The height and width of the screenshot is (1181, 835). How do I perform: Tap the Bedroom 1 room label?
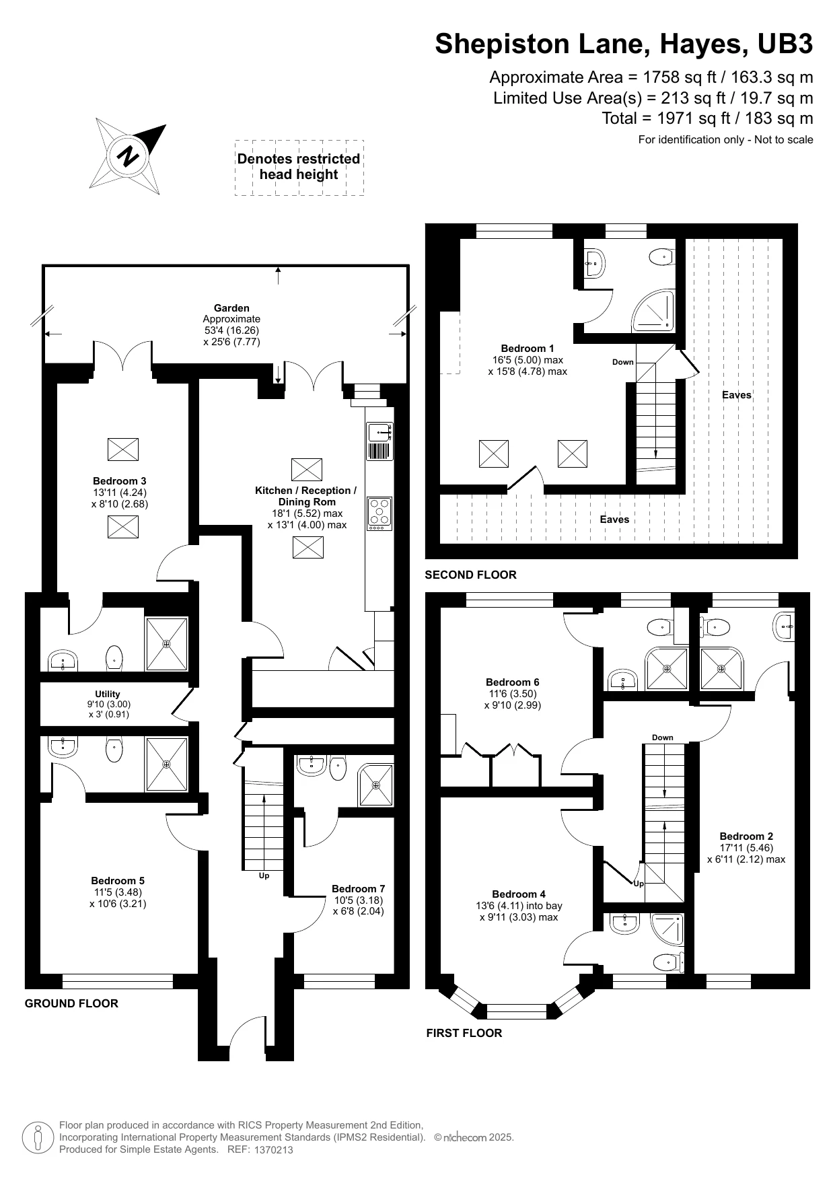[x=528, y=349]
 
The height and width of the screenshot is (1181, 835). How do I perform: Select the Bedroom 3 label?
[x=119, y=481]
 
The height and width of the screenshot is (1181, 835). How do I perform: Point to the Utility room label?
[x=108, y=694]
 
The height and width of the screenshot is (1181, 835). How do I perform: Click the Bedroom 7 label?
[x=359, y=889]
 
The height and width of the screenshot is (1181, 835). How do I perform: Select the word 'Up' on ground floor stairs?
[x=264, y=876]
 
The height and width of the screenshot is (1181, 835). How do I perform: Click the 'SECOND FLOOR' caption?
[x=470, y=575]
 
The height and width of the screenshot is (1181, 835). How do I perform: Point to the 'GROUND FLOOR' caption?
[x=71, y=1003]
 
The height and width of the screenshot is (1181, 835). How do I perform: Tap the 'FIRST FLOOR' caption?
[x=464, y=1033]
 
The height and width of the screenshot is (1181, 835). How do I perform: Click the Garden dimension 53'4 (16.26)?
[x=231, y=330]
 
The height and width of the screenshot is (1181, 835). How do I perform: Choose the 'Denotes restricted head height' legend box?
[x=299, y=168]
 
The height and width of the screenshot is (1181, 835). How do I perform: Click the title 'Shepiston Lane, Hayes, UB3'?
[x=624, y=44]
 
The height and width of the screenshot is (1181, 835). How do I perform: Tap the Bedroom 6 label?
[x=513, y=682]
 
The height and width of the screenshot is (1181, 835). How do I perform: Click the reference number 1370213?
[x=273, y=1150]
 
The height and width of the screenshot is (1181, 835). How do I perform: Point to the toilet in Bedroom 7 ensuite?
[x=338, y=767]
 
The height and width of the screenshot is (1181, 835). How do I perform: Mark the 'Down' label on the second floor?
[x=623, y=362]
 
